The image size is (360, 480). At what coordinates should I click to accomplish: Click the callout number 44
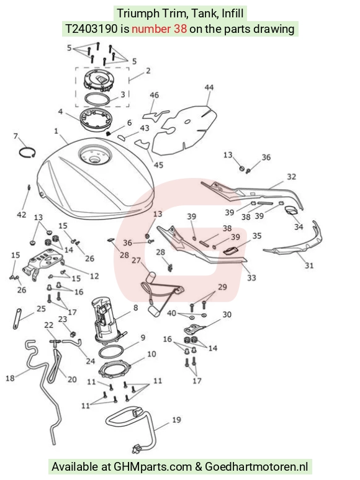coord(209,87)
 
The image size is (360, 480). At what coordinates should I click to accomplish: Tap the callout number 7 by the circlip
coord(16,136)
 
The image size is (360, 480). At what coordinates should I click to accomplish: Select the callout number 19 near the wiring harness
coord(176,420)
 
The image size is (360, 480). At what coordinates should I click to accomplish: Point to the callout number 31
coord(309,265)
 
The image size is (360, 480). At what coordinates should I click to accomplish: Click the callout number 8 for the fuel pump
coord(136,308)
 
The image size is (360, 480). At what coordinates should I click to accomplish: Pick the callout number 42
coord(22,215)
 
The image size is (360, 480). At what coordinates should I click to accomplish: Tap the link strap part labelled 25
coord(17,319)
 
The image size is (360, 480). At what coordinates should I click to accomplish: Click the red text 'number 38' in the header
coord(159,29)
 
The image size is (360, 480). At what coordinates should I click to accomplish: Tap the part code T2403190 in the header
coord(91,29)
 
